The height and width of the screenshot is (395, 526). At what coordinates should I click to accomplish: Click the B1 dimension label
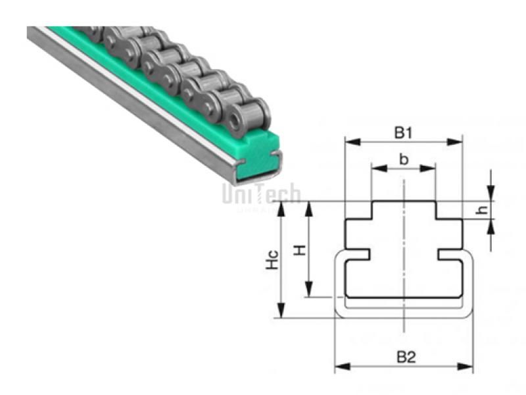tap(403, 132)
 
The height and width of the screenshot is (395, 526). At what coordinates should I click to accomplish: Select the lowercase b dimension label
tap(404, 159)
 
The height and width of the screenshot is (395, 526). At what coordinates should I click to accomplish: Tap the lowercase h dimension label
tap(483, 210)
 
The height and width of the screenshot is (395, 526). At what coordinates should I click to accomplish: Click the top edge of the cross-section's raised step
tap(404, 201)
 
